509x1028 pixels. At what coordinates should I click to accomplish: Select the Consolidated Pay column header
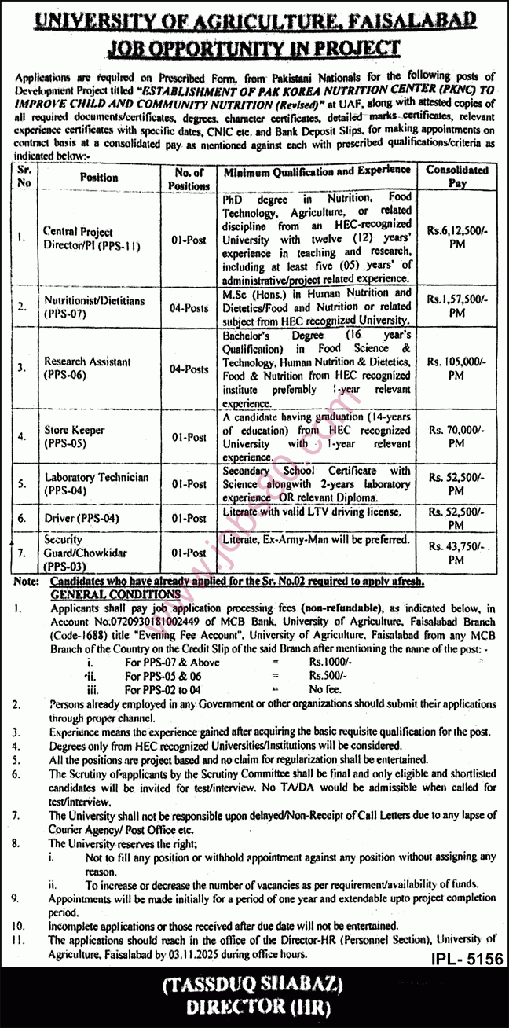tap(456, 176)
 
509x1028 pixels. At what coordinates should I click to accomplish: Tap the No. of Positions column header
tap(189, 178)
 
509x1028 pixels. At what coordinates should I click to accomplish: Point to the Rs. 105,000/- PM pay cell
tap(456, 369)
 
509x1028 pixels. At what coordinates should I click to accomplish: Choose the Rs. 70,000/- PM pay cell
tap(456, 437)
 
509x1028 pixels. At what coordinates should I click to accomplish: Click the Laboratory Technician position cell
tap(97, 484)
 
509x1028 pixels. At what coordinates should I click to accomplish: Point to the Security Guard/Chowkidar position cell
tap(86, 553)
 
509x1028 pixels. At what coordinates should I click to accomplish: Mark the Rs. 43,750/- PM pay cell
tap(456, 553)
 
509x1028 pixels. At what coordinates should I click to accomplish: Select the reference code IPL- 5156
tap(466, 960)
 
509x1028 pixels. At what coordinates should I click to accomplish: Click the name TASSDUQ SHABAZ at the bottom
tap(254, 985)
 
